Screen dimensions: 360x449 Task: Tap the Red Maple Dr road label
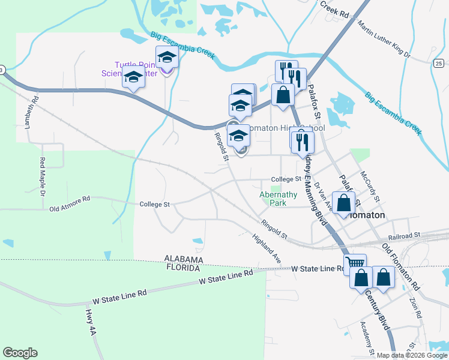coord(43,177)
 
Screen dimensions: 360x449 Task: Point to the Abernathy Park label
coord(278,199)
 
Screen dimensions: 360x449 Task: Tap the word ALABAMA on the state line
coord(184,259)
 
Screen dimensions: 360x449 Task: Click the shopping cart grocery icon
coord(355,262)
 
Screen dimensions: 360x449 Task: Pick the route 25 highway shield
coord(439,63)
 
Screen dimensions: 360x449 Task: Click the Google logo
coord(20,352)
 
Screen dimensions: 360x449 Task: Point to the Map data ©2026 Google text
coord(411,355)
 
